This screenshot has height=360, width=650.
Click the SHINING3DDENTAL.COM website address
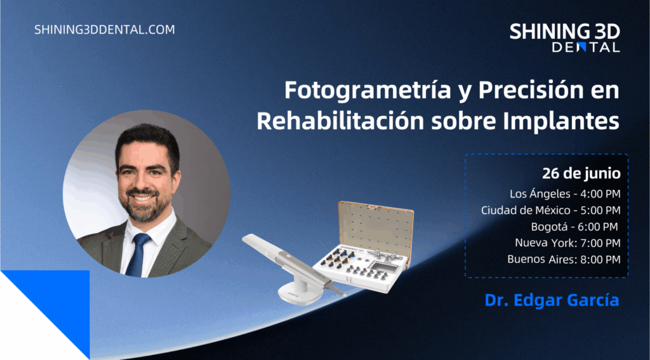[x=105, y=30]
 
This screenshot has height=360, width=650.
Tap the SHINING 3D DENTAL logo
[x=564, y=37]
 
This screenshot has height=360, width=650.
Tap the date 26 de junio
[x=581, y=174]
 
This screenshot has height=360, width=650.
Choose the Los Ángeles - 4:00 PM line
[x=565, y=194]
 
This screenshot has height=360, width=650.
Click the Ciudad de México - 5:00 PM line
[x=551, y=210]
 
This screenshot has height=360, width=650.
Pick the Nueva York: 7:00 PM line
[x=567, y=243]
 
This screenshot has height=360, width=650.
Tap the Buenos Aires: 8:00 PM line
[x=564, y=260]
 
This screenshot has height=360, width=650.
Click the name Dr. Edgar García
[x=552, y=301]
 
